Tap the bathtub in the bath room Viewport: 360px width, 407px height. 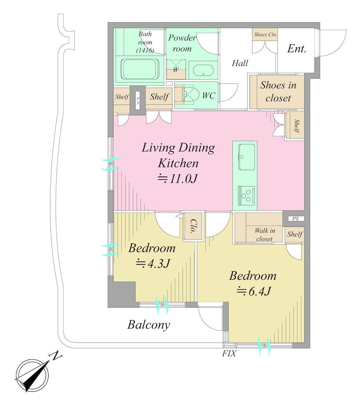(140, 69)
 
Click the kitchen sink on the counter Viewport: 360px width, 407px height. (246, 157)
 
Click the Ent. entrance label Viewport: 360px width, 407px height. (297, 49)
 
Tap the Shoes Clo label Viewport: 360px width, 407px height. (265, 35)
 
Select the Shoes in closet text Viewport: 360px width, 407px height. (278, 91)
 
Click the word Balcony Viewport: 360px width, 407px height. (149, 325)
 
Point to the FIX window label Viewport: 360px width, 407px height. (229, 353)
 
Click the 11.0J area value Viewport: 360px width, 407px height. (178, 179)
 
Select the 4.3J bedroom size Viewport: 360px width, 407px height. (153, 264)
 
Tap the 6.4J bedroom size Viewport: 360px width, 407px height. (254, 291)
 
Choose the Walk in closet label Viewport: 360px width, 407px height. (265, 234)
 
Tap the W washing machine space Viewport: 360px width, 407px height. (176, 70)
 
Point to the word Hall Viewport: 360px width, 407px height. (240, 63)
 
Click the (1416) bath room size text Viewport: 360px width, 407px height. (145, 50)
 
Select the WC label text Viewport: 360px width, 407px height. (208, 95)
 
